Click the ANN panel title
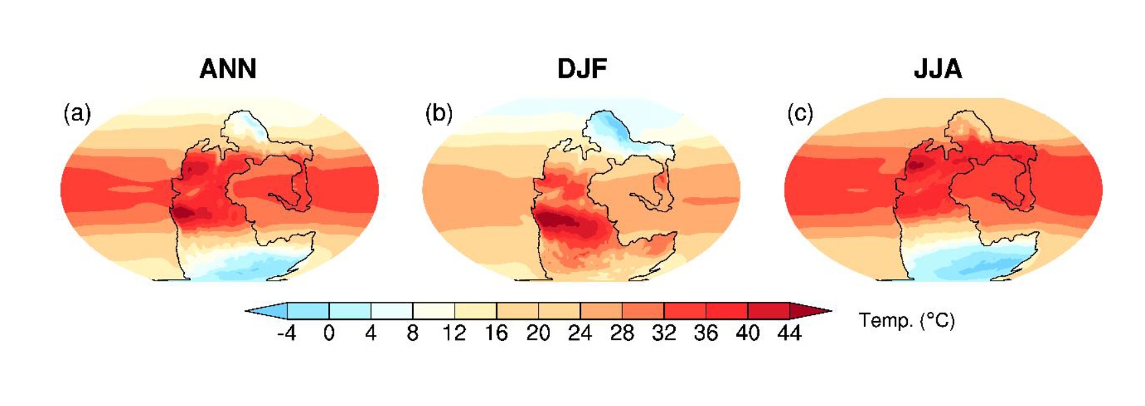(x=228, y=69)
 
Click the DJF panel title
(x=582, y=69)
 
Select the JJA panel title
(x=938, y=69)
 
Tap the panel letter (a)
(x=77, y=113)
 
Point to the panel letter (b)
(x=439, y=113)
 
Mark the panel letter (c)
(x=800, y=113)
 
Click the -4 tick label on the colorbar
(x=286, y=333)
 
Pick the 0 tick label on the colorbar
(x=329, y=333)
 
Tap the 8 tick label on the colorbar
(x=412, y=333)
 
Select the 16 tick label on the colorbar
(x=496, y=333)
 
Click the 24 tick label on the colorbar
(x=580, y=333)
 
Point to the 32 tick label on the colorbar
(x=663, y=333)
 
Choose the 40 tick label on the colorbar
(x=747, y=333)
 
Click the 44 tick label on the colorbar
(x=789, y=333)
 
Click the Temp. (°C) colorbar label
(x=906, y=321)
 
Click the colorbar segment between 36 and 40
(x=726, y=310)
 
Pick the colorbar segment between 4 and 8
(x=392, y=310)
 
